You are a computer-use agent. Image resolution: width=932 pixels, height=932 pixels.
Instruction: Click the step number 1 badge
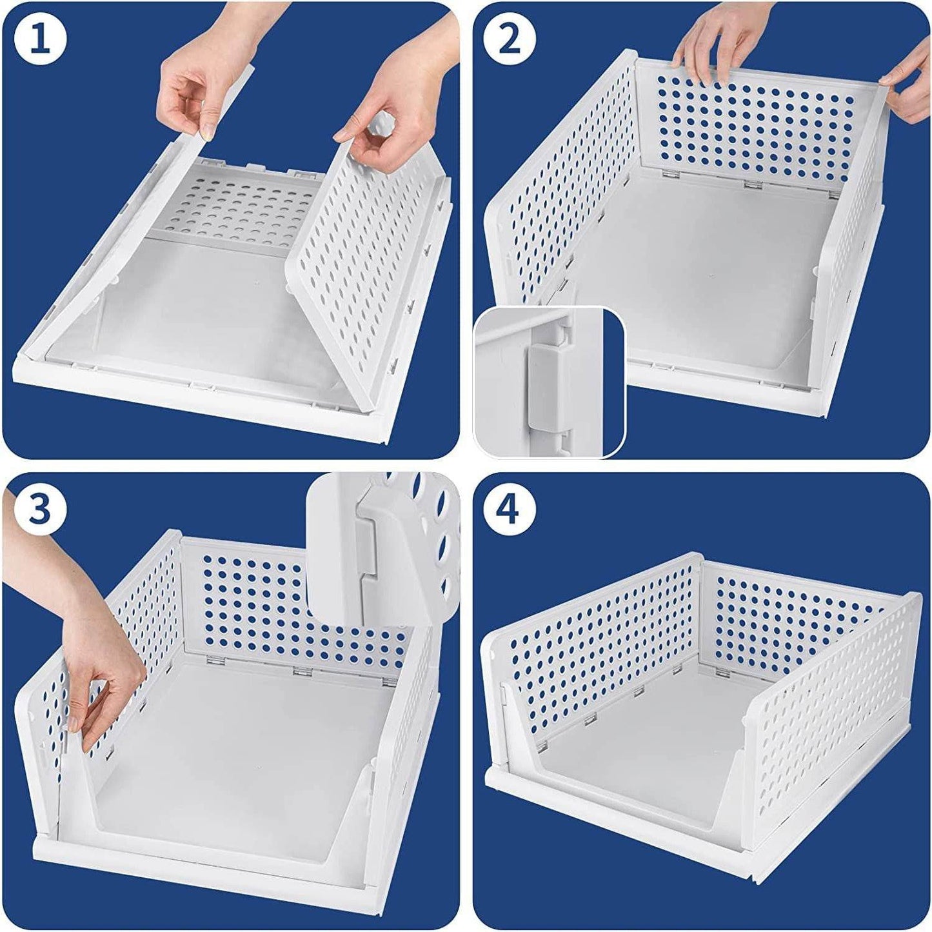41,40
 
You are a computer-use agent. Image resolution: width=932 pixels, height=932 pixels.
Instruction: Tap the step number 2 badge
510,40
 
